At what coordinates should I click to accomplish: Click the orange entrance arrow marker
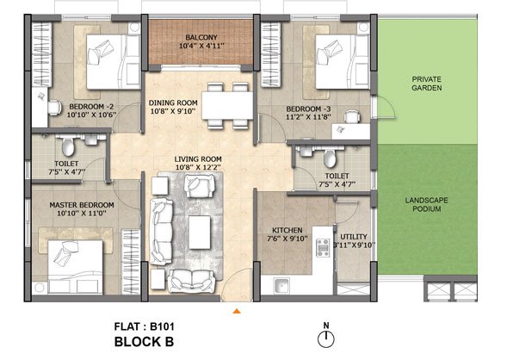[x=237, y=311]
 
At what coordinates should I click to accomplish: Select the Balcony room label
[x=201, y=37]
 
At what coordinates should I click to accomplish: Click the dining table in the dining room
[x=227, y=105]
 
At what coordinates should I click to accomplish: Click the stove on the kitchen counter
[x=323, y=248]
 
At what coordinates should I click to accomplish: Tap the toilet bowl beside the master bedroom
[x=68, y=146]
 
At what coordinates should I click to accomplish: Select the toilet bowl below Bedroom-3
[x=330, y=158]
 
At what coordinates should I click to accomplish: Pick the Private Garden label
[x=427, y=84]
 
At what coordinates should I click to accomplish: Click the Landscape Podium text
[x=427, y=204]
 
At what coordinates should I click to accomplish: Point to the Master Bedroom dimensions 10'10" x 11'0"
[x=82, y=214]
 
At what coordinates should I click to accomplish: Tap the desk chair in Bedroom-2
[x=54, y=108]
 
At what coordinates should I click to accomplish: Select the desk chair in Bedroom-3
[x=352, y=117]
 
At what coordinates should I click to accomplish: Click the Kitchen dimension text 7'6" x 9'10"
[x=288, y=239]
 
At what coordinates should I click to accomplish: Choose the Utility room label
[x=354, y=237]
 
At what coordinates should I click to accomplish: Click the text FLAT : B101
[x=145, y=326]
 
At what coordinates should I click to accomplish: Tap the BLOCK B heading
[x=145, y=342]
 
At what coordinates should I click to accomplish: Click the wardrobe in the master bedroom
[x=131, y=262]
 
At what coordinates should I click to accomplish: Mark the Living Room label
[x=198, y=159]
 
